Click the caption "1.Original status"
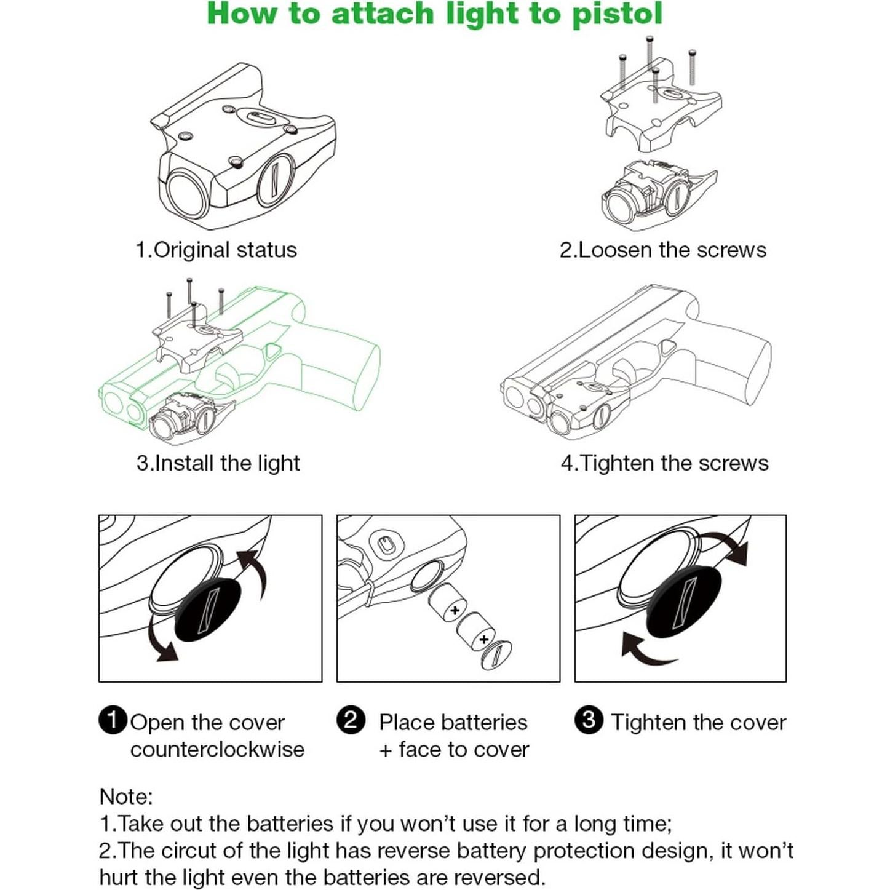[216, 250]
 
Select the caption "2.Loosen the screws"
[662, 250]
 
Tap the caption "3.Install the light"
[218, 463]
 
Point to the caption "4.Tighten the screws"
[664, 463]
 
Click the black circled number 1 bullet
[113, 720]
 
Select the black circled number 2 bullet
[351, 720]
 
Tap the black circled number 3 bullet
[589, 720]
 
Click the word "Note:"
[126, 797]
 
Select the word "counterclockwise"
[217, 749]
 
